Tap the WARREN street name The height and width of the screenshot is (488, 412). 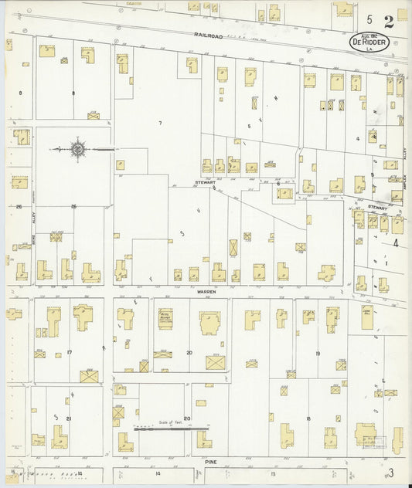click(203, 293)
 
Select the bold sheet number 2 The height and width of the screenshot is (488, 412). click(387, 21)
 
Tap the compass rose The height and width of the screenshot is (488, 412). click(79, 148)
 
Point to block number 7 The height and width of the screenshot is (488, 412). click(160, 124)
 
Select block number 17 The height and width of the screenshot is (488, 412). click(70, 352)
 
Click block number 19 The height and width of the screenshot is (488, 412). click(318, 352)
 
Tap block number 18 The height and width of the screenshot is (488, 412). click(308, 419)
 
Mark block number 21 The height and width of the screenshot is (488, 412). click(69, 419)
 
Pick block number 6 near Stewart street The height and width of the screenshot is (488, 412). click(278, 184)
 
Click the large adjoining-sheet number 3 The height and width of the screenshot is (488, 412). click(392, 472)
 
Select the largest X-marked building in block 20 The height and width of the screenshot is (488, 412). click(215, 361)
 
